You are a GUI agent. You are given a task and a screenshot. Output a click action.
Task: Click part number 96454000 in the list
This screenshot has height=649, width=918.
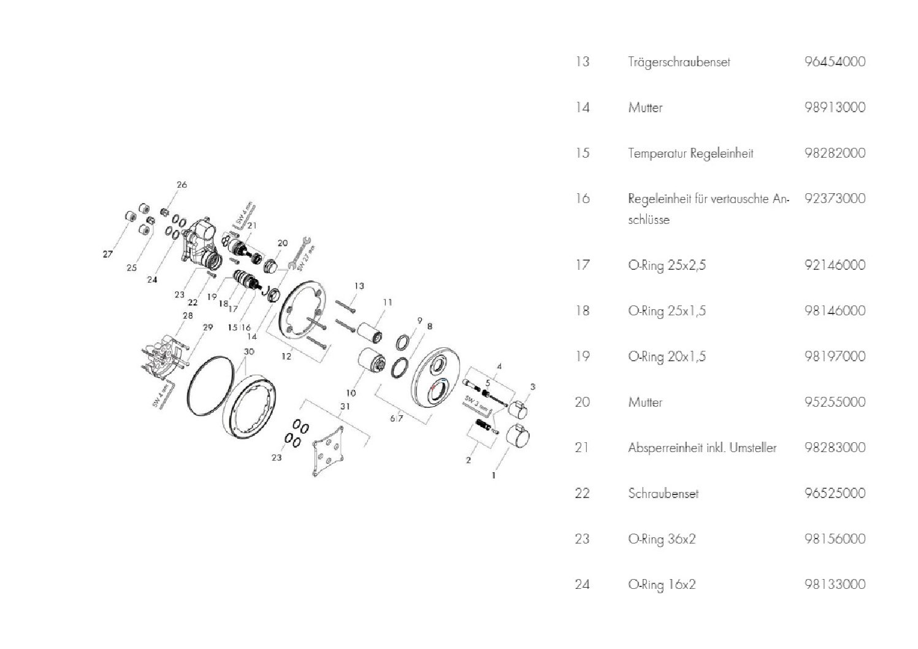835,62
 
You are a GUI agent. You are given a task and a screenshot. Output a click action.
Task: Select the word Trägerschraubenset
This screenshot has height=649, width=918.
679,63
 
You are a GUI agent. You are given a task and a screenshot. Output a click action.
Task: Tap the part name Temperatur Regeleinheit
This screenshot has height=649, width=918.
690,153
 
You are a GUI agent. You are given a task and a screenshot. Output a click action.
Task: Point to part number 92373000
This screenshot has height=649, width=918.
835,198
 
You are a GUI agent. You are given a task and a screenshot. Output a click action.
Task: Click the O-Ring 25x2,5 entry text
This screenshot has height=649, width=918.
667,265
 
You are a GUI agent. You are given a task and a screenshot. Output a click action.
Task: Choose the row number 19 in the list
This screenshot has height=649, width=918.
583,356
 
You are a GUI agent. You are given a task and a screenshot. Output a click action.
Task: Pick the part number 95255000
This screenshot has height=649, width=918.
835,402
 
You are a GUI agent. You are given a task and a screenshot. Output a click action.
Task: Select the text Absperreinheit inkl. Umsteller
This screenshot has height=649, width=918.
702,447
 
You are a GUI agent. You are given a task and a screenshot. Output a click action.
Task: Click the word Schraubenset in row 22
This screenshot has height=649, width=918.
663,493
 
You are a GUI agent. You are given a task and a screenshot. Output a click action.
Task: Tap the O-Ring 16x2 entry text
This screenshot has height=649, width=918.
662,584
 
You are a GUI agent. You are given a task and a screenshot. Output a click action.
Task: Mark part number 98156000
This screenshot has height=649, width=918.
835,539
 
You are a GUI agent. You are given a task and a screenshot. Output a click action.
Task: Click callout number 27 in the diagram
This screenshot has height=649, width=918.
107,254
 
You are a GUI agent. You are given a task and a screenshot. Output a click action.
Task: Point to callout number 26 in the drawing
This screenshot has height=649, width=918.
182,185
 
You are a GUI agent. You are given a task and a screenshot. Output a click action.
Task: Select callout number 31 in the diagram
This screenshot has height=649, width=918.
345,406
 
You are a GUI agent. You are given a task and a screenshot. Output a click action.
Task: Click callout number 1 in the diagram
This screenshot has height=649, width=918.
494,475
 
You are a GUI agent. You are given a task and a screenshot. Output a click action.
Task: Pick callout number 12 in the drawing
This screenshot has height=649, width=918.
286,356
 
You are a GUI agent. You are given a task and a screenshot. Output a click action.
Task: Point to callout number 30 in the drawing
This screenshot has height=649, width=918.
249,351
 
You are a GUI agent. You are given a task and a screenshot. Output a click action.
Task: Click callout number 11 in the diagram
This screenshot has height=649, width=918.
388,302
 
